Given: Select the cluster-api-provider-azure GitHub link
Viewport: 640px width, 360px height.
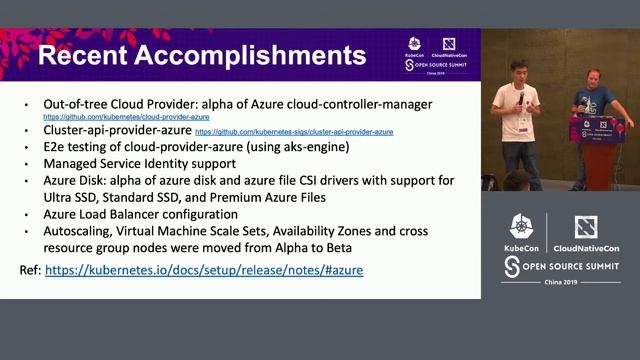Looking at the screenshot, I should (293, 132).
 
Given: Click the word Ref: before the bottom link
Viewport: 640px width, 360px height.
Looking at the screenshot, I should (30, 270).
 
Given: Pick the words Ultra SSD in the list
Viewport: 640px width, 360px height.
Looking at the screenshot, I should (72, 196).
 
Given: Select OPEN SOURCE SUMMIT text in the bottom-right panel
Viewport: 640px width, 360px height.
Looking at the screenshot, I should (568, 266).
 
